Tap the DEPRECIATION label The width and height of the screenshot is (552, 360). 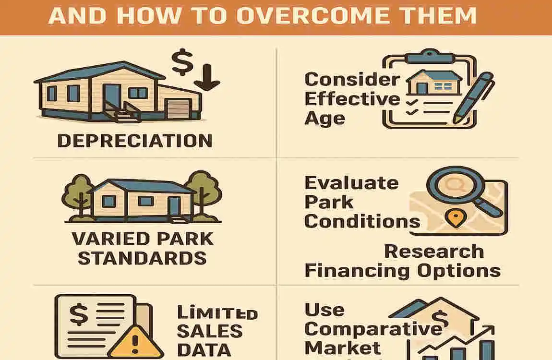134,141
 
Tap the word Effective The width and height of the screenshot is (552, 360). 352,99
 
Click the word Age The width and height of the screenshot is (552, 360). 324,118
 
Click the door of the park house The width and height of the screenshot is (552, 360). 174,206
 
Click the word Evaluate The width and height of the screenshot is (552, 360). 351,183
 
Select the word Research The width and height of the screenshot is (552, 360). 434,251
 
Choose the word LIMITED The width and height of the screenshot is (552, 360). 217,313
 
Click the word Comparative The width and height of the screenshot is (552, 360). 373,329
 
